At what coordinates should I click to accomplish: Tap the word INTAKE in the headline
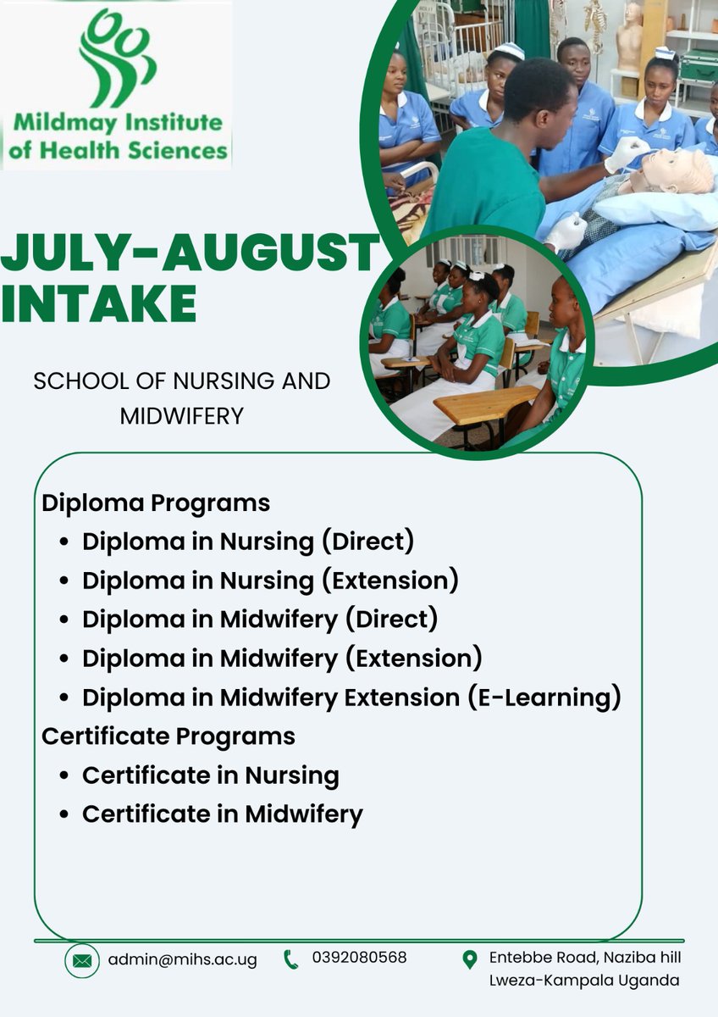pos(99,303)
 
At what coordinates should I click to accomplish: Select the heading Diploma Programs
pos(156,503)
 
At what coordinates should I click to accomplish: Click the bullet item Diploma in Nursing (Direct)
pos(248,542)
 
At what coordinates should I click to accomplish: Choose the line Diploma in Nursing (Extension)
pos(270,581)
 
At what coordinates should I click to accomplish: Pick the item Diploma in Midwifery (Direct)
pos(260,620)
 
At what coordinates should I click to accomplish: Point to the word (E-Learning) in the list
pos(544,697)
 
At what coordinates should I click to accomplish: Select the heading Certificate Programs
pos(168,736)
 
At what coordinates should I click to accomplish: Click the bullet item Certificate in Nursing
pos(211,775)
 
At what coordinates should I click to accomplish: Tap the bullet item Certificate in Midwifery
pos(223,814)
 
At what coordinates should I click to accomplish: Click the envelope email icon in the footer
pos(82,960)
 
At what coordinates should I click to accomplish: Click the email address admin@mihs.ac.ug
pos(182,960)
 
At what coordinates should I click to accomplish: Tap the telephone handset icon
pos(291,959)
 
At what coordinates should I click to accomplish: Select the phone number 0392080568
pos(359,958)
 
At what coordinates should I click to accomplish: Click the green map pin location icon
pos(470,959)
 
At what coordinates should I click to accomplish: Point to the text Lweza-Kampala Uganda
pos(584,980)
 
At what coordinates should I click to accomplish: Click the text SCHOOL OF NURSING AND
pos(181,381)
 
